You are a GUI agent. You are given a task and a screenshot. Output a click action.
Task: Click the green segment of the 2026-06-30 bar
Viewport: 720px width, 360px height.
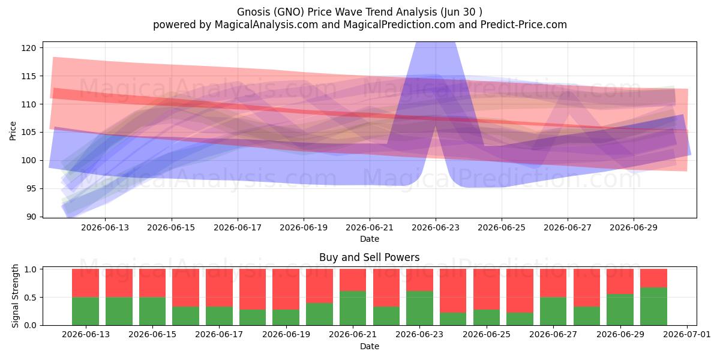click(x=653, y=307)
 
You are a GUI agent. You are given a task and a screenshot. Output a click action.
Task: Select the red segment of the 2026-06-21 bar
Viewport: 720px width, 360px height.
click(x=353, y=280)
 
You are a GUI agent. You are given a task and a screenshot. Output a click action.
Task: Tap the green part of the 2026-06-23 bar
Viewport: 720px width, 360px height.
click(x=419, y=308)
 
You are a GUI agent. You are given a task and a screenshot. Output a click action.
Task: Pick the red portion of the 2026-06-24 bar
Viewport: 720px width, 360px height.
click(x=453, y=291)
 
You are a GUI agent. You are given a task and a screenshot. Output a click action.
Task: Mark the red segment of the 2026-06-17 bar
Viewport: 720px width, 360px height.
click(x=219, y=287)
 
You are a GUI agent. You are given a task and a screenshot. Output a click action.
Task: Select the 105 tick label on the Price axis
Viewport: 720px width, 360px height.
click(x=29, y=133)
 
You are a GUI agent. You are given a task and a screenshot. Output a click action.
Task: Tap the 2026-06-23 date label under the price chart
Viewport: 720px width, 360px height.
click(x=436, y=227)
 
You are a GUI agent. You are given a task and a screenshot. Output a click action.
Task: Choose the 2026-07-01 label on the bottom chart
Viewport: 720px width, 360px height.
click(x=686, y=335)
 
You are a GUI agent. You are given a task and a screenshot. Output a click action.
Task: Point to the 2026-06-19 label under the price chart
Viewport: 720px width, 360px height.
click(x=304, y=227)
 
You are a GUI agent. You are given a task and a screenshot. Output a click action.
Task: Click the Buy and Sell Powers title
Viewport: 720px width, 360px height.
click(x=370, y=257)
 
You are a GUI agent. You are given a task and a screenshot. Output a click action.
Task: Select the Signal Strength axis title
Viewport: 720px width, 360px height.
click(x=15, y=296)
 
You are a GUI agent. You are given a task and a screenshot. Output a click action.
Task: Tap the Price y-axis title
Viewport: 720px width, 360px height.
click(x=13, y=131)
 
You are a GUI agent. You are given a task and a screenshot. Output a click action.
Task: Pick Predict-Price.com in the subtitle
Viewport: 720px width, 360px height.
click(x=523, y=25)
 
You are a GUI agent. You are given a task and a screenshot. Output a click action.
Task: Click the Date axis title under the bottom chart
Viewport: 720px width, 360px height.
click(x=370, y=346)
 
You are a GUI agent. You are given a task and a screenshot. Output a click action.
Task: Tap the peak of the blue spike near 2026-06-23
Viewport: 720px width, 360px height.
click(x=436, y=43)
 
